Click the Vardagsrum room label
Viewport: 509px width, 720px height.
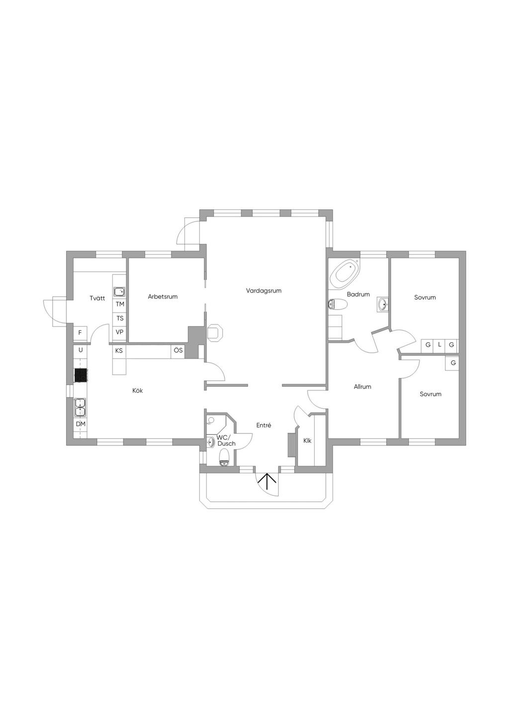click(x=263, y=291)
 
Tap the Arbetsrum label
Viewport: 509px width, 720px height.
click(x=163, y=297)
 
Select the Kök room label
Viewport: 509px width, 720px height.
click(x=137, y=391)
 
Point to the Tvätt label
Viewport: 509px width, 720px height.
click(x=97, y=298)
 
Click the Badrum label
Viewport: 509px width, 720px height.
click(x=358, y=294)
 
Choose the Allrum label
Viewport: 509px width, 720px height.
click(x=362, y=387)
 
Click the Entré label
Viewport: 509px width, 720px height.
click(x=263, y=425)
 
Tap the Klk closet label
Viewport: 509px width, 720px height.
click(x=307, y=441)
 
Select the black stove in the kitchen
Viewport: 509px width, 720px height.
click(x=81, y=375)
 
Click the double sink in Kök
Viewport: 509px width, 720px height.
click(x=80, y=407)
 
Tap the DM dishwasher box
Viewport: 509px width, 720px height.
click(x=81, y=424)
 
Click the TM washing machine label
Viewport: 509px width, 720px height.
click(x=120, y=304)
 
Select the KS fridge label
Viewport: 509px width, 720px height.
click(x=119, y=351)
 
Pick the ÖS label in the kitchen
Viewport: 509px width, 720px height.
click(x=178, y=350)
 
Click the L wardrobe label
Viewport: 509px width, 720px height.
click(x=439, y=345)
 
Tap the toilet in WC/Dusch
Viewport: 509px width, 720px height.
click(x=224, y=458)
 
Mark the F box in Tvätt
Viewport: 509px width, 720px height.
click(x=80, y=333)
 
